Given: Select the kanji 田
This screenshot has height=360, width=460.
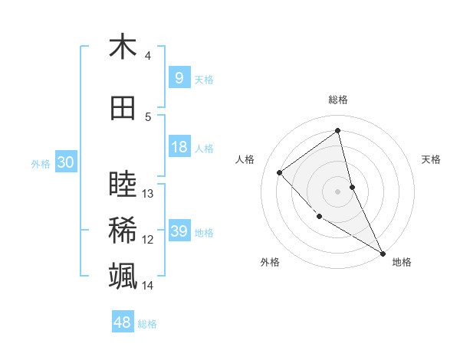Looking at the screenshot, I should [123, 109].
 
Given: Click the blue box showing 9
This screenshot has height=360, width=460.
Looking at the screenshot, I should [179, 78].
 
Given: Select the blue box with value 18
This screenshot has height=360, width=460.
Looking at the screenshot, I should [179, 147].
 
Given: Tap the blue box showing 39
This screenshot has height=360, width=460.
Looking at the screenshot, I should [179, 231].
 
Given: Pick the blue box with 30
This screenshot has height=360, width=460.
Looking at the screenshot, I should [65, 162].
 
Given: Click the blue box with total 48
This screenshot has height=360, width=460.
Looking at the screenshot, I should [122, 323].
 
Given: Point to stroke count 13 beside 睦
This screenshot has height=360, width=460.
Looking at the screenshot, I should [149, 194].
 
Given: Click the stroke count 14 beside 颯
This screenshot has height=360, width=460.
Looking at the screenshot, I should [149, 286].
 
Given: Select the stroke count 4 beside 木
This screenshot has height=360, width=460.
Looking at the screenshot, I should [148, 56].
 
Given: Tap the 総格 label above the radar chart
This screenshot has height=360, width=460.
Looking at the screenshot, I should [338, 100].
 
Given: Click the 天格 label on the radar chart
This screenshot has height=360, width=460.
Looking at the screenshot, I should [432, 159].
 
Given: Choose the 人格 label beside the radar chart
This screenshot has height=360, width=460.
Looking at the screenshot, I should [245, 159].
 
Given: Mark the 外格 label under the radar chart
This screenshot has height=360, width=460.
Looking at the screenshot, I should [270, 262].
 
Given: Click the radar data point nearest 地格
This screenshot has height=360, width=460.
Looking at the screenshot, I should [383, 253].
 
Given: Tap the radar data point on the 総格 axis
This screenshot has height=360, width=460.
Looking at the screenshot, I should [338, 131].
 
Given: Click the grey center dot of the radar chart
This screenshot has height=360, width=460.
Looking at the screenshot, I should [338, 191].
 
